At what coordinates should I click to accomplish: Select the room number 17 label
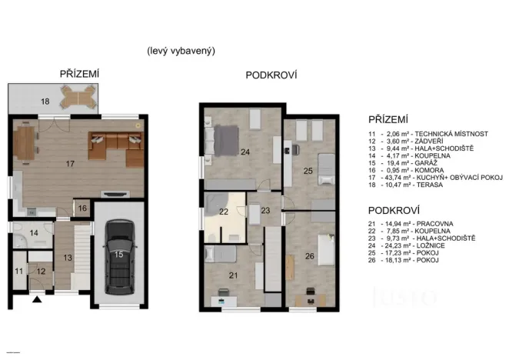point(70,163)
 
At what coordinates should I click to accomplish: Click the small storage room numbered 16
point(82,208)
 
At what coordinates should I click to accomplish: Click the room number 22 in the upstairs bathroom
point(224,212)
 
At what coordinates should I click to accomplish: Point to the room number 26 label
point(311,255)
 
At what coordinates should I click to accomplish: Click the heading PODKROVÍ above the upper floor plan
point(271,75)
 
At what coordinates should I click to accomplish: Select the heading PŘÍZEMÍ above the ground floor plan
point(79,74)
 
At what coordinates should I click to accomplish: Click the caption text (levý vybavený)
point(181,51)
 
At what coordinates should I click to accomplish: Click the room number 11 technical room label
point(18,271)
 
